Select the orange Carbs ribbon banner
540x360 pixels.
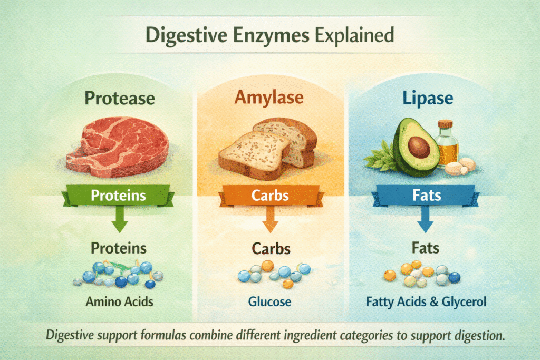tap(270, 195)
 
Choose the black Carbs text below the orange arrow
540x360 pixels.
tap(270, 249)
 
